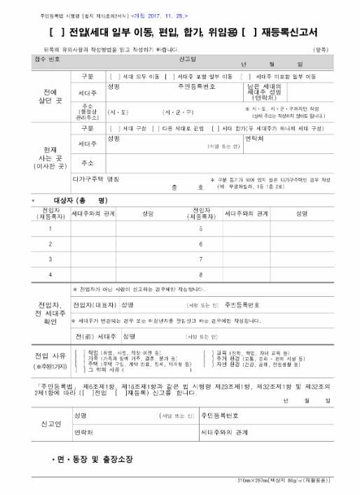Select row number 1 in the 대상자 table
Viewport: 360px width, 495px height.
point(49,228)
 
